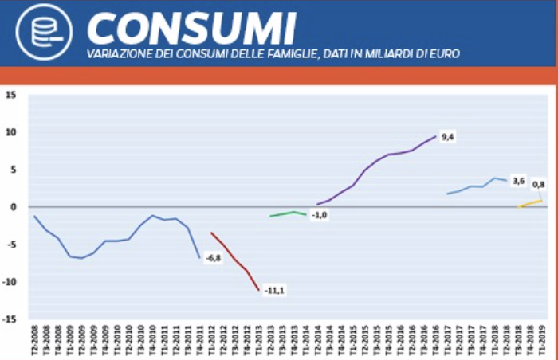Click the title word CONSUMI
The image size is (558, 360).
tap(191, 28)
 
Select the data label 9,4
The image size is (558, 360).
tap(448, 137)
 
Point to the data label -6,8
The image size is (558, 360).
tap(213, 258)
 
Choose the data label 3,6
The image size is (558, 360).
tap(518, 182)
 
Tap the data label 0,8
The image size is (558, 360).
tap(538, 185)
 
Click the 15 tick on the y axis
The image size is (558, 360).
tap(11, 95)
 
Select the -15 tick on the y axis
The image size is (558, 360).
tap(10, 319)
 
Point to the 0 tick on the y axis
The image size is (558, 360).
tap(14, 207)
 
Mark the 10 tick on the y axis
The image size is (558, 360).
tap(11, 132)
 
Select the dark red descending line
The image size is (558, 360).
tap(235, 259)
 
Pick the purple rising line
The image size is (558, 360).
tap(383, 159)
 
